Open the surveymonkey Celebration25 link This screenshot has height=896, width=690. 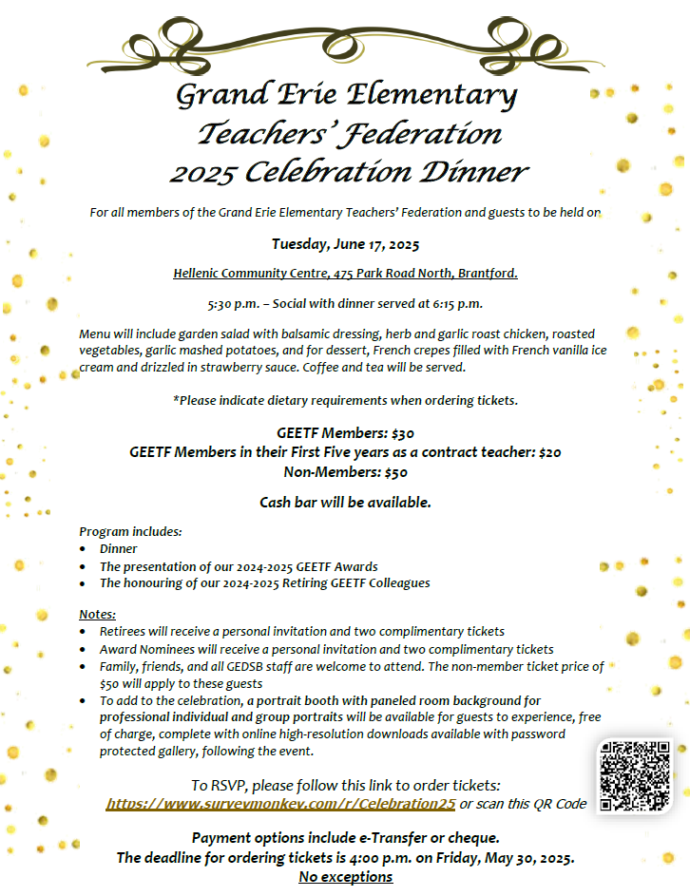pyautogui.click(x=280, y=804)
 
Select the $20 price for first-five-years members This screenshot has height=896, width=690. pyautogui.click(x=549, y=452)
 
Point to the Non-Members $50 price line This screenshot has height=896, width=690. pyautogui.click(x=345, y=471)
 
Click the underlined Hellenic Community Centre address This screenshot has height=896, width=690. pyautogui.click(x=345, y=274)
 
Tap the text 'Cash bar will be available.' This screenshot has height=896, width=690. pyautogui.click(x=345, y=502)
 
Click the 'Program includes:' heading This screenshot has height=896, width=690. pyautogui.click(x=130, y=531)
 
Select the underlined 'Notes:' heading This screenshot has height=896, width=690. pyautogui.click(x=98, y=614)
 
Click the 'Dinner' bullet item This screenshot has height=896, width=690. pyautogui.click(x=119, y=548)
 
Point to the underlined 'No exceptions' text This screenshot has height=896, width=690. pyautogui.click(x=345, y=876)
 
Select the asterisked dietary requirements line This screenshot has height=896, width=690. pyautogui.click(x=345, y=400)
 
